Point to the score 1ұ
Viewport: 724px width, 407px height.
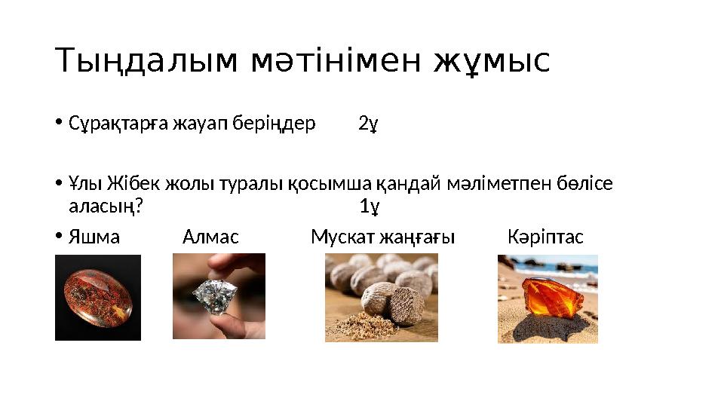click(369, 206)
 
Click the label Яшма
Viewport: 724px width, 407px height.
click(94, 237)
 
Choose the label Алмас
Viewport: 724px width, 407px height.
click(210, 237)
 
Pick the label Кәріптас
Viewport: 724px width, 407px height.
click(545, 237)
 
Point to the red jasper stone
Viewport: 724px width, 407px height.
click(97, 298)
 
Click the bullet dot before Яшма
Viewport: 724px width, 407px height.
click(59, 237)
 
